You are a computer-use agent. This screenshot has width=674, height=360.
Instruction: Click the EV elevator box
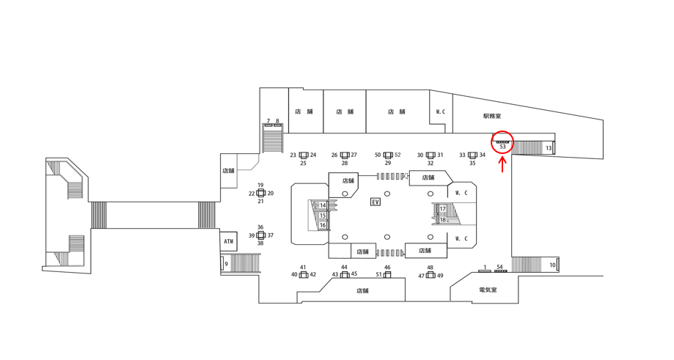(376, 202)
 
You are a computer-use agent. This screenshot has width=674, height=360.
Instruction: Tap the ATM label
(229, 240)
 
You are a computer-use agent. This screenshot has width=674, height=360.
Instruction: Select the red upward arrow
(502, 164)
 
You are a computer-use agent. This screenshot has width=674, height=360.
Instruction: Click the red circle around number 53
(502, 143)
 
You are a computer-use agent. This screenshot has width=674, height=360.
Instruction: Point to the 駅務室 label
(492, 116)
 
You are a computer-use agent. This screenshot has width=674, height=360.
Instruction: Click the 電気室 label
(488, 290)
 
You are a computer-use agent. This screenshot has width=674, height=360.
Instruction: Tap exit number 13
(549, 148)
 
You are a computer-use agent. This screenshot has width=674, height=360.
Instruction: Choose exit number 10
(553, 265)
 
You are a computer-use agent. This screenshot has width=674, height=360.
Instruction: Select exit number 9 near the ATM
(227, 264)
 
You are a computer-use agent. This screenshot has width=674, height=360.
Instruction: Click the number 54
(500, 267)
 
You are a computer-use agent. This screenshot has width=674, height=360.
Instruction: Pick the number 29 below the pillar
(388, 164)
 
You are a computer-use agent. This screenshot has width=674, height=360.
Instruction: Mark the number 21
(260, 201)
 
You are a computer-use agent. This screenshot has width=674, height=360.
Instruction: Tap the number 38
(260, 243)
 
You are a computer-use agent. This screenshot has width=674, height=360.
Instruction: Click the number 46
(387, 268)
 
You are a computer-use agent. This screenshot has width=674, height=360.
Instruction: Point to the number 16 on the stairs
(323, 225)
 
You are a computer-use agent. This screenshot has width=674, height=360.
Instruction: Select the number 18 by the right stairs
(443, 219)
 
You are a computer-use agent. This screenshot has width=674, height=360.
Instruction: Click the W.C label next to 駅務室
(441, 112)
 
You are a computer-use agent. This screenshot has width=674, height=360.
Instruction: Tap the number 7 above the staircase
(268, 121)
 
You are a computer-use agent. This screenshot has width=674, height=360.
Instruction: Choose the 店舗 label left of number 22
(228, 171)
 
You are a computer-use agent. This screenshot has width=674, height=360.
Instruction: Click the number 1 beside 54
(485, 267)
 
